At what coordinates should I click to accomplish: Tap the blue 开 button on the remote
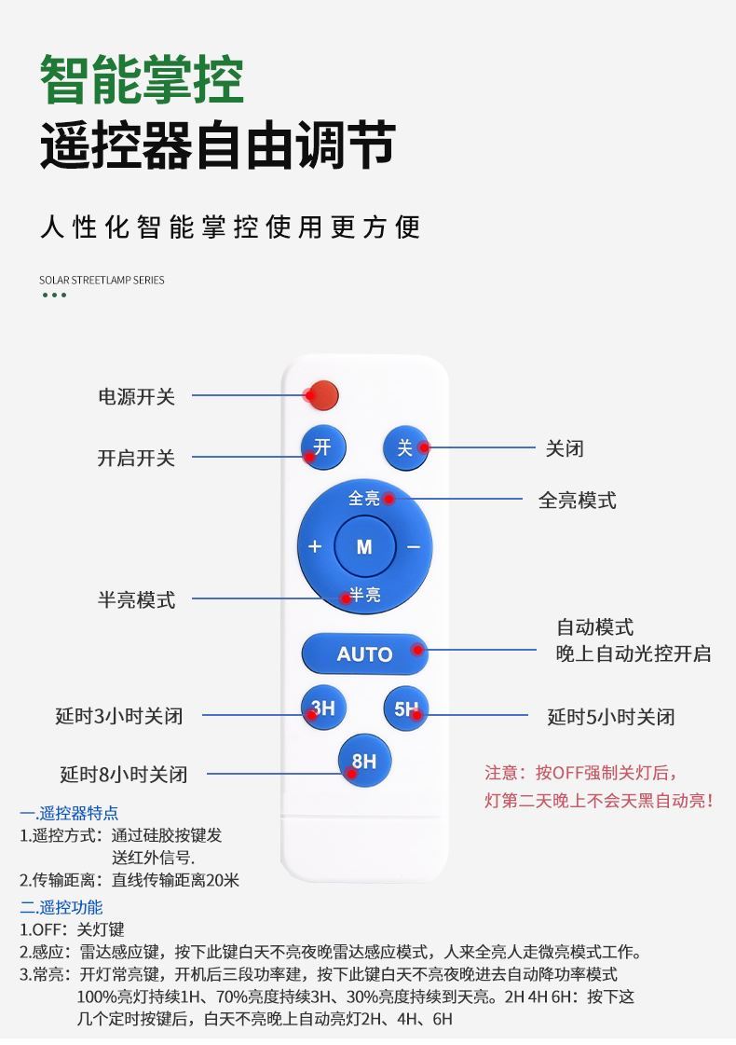coord(321,448)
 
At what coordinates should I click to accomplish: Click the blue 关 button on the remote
coord(405,448)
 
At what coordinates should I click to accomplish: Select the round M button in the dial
coord(363,546)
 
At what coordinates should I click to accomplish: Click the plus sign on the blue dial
coord(315,546)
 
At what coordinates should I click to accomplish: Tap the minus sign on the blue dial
coord(413,546)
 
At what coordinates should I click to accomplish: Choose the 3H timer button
coord(321,709)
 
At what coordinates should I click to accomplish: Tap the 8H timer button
coord(363,762)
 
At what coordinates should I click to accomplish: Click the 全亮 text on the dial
coord(364,499)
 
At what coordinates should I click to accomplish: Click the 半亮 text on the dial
coord(364,595)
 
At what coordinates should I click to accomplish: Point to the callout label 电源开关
coord(137,397)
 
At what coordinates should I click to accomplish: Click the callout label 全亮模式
coord(577,501)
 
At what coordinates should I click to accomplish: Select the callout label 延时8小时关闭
coord(124,774)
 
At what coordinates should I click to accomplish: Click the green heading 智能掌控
coord(142,80)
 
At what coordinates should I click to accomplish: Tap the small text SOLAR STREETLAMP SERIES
coord(102,280)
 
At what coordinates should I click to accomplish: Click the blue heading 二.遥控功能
coord(61,907)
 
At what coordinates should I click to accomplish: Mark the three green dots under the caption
coord(55,296)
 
